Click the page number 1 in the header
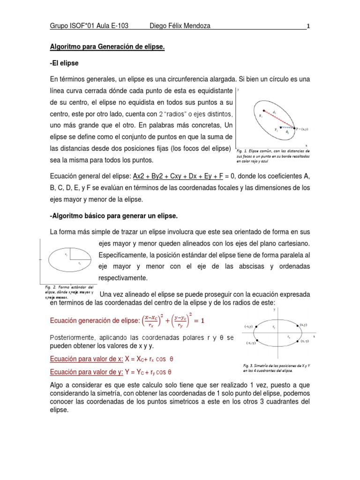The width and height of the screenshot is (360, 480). (307, 26)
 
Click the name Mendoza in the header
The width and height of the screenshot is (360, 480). (191, 26)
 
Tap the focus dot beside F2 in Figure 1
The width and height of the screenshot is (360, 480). (281, 127)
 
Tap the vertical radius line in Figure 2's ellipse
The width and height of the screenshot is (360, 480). (70, 254)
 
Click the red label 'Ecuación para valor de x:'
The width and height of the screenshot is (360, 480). (86, 359)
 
